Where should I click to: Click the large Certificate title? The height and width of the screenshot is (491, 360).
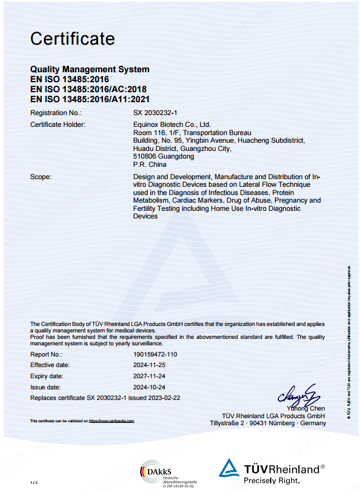coord(72,39)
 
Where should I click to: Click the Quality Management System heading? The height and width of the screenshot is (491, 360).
coord(89,69)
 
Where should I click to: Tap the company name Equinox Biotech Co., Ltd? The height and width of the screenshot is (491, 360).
coord(171,125)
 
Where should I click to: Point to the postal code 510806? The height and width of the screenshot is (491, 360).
coord(144,157)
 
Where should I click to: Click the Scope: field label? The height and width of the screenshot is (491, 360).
coord(41,176)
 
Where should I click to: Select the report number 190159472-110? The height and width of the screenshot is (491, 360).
coord(155,354)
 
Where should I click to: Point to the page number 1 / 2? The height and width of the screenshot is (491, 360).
coord(33,482)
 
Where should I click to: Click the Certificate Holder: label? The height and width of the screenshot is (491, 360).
coord(58,125)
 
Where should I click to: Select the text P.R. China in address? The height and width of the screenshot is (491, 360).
coord(150,165)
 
